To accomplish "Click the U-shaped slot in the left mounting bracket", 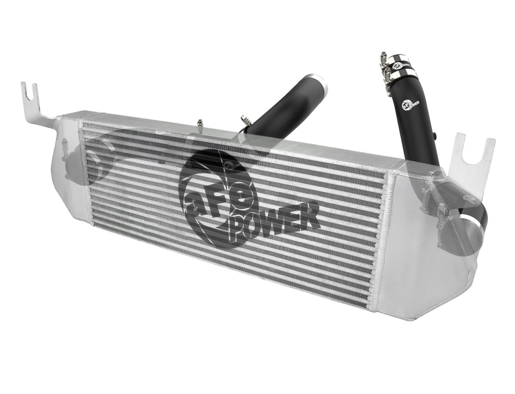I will click(33, 91).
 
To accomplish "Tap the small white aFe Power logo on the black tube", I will click(410, 104).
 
